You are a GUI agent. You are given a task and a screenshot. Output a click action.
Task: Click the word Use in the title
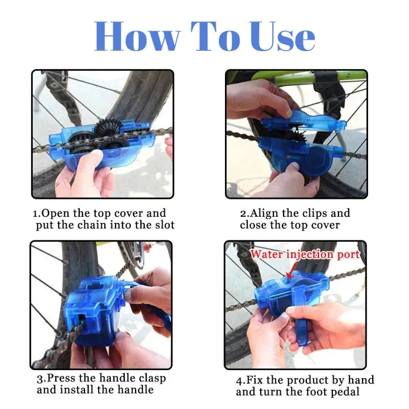pyautogui.click(x=278, y=37)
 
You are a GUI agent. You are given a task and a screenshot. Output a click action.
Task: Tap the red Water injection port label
pyautogui.click(x=305, y=254)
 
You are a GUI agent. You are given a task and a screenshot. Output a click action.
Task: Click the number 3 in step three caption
pyautogui.click(x=39, y=379)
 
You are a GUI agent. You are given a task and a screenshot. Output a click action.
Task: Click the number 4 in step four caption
pyautogui.click(x=239, y=380)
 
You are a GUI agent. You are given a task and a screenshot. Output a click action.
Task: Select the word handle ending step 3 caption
pyautogui.click(x=136, y=390)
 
